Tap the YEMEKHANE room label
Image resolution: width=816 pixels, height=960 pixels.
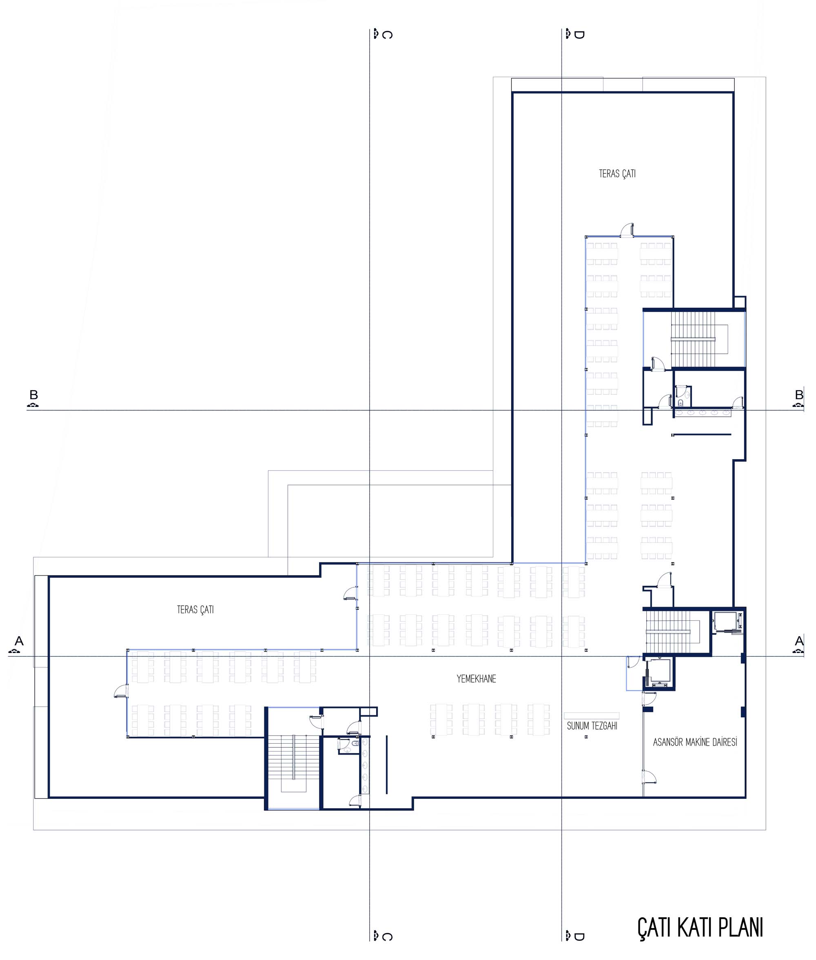coord(476,679)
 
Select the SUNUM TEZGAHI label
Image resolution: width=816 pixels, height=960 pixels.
coord(592,726)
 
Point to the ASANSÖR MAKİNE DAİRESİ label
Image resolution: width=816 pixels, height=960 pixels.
coord(695,742)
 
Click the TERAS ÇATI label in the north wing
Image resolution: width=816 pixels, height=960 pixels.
coord(617,173)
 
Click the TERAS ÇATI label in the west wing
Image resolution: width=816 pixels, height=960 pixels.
coord(195,609)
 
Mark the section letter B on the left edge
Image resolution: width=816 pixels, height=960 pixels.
coord(33,395)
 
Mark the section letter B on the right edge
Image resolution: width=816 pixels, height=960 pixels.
coord(799,395)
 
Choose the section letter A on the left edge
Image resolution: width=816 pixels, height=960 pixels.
coord(19,641)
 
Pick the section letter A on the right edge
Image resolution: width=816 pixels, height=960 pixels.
coord(799,641)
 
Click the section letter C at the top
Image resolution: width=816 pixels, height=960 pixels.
coord(388,35)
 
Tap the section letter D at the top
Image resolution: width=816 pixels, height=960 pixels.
coord(579,35)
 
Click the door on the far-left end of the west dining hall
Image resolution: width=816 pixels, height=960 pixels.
coord(121,690)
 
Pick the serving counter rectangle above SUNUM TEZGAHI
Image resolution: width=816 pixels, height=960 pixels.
coord(592,715)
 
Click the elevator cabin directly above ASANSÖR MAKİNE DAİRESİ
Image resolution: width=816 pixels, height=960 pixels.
coord(659,672)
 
